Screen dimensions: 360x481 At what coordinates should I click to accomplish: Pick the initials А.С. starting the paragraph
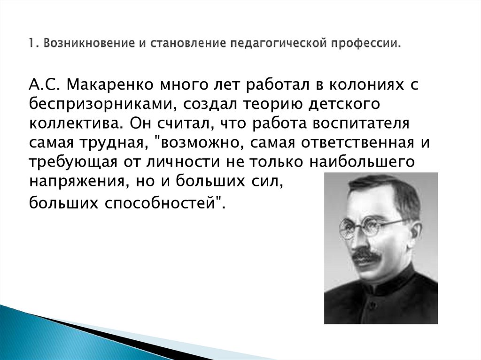[45, 86]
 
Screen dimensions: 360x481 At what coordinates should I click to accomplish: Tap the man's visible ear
[413, 235]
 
